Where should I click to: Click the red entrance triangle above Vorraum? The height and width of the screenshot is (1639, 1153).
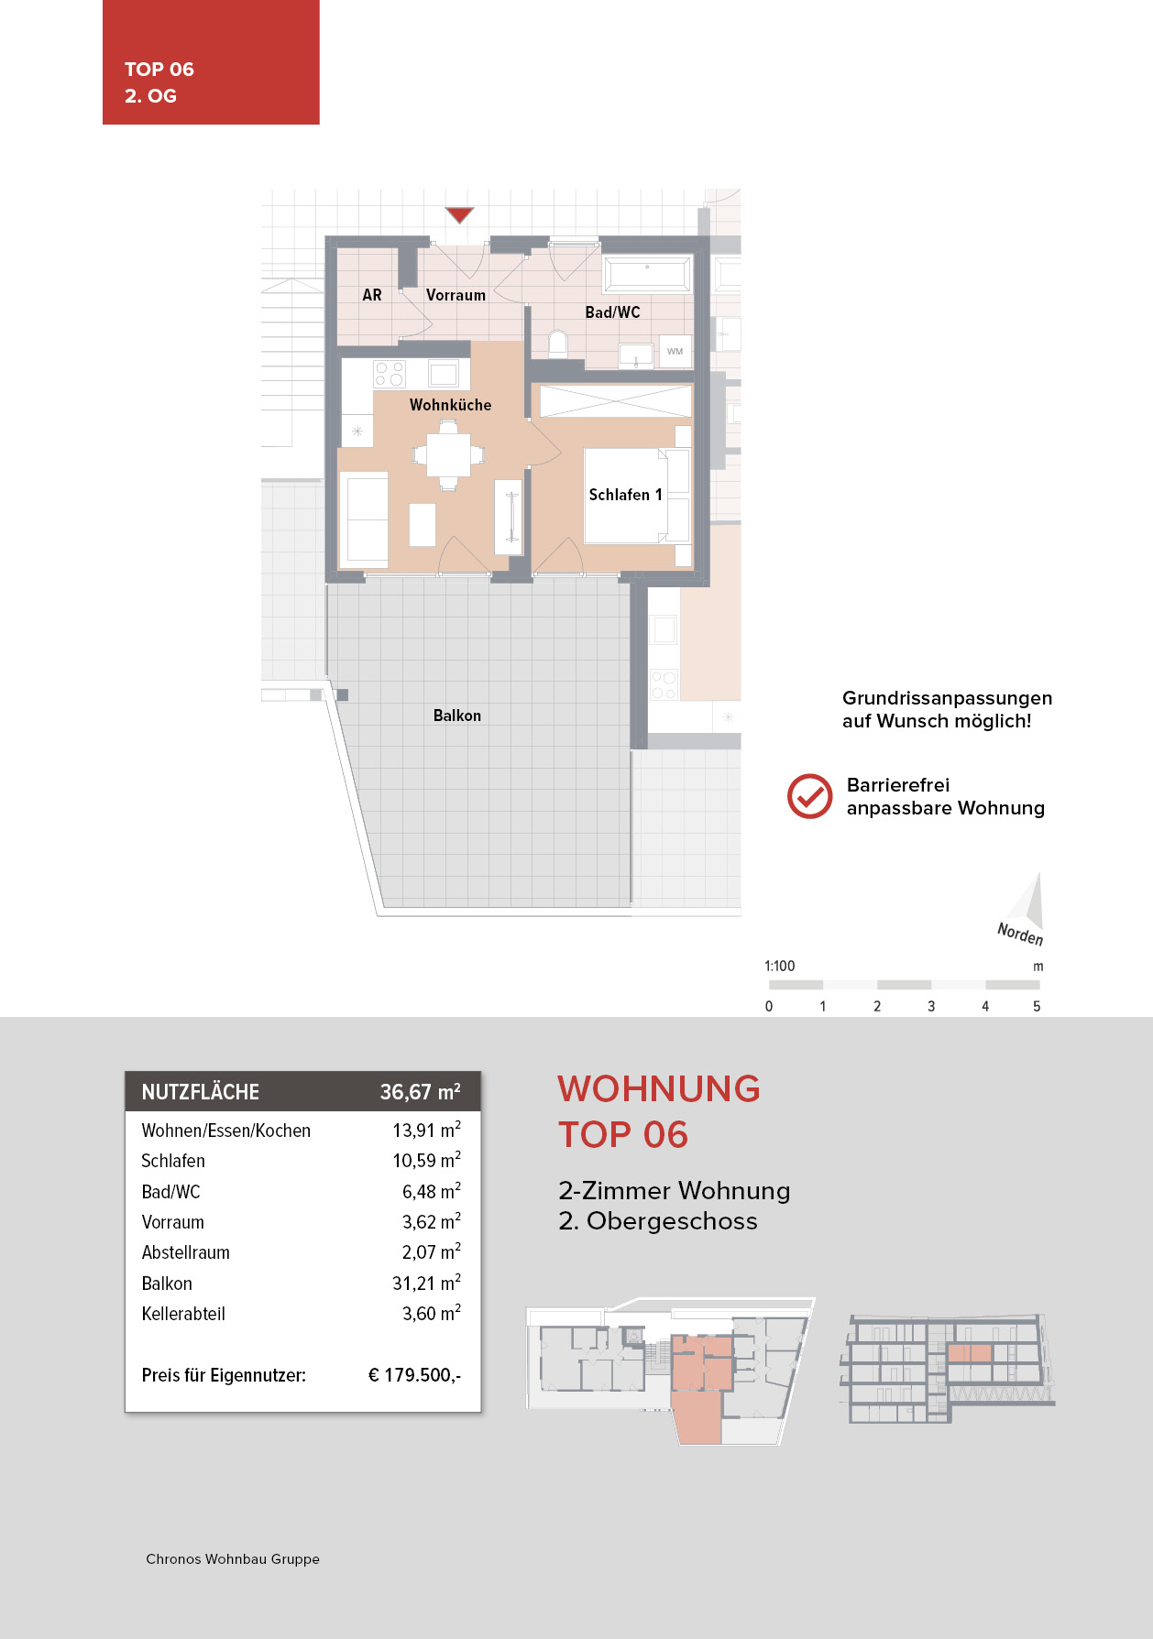click(459, 214)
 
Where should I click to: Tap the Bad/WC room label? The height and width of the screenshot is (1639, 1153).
click(612, 312)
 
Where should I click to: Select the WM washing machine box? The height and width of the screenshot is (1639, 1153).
click(675, 351)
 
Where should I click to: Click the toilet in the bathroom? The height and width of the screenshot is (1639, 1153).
click(558, 344)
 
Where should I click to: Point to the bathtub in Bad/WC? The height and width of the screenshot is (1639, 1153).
click(647, 275)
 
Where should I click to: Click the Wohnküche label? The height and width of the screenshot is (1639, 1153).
click(450, 405)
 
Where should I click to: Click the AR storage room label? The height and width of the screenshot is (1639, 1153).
click(372, 295)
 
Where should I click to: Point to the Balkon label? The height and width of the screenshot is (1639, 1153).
click(456, 716)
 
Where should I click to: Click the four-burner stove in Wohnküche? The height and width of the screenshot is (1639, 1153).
click(390, 374)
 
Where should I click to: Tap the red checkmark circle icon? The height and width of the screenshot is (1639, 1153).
click(809, 796)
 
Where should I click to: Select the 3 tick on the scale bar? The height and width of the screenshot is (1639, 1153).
click(931, 1006)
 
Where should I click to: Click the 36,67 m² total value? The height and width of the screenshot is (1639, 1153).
click(420, 1092)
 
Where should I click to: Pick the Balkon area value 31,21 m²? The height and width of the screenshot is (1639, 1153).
click(426, 1283)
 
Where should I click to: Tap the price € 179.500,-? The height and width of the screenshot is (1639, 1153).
click(414, 1375)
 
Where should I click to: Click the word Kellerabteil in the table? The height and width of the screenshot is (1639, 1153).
click(183, 1314)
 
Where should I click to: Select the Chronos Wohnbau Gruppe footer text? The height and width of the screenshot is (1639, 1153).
click(233, 1558)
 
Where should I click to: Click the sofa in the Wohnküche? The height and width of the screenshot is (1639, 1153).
click(364, 519)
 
